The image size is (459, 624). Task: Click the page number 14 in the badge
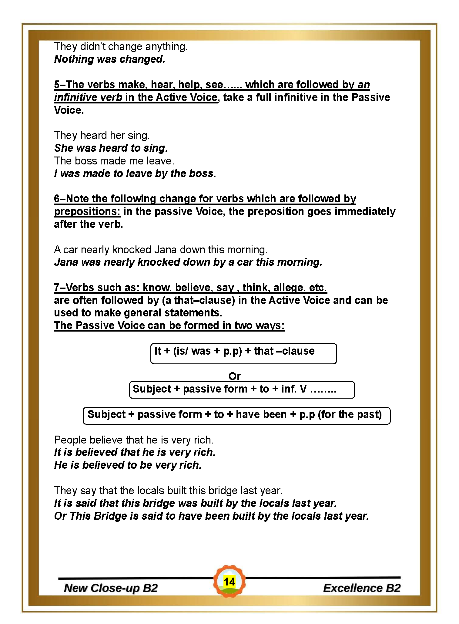pos(229,582)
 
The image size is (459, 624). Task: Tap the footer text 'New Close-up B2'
pos(111,588)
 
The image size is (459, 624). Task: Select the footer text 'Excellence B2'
pos(362,588)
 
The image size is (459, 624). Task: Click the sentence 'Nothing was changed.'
pos(109,59)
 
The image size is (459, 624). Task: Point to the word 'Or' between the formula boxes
pos(234,376)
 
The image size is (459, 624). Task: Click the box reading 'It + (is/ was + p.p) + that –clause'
pos(243,353)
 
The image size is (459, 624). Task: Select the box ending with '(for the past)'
pos(236,416)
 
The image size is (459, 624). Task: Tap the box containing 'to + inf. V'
pos(242,390)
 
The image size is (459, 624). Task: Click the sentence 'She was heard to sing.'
pos(111,148)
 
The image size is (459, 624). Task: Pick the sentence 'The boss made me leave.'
pos(114,161)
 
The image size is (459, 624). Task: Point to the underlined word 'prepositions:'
pos(87,211)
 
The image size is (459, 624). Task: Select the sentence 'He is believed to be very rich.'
pos(128,465)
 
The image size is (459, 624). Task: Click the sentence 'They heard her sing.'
pos(102,135)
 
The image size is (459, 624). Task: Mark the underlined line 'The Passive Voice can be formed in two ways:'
pos(169,325)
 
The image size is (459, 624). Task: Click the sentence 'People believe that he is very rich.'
pos(134,440)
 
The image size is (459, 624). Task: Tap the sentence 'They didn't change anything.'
pos(121,46)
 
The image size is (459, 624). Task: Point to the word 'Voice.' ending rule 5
pos(69,110)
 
